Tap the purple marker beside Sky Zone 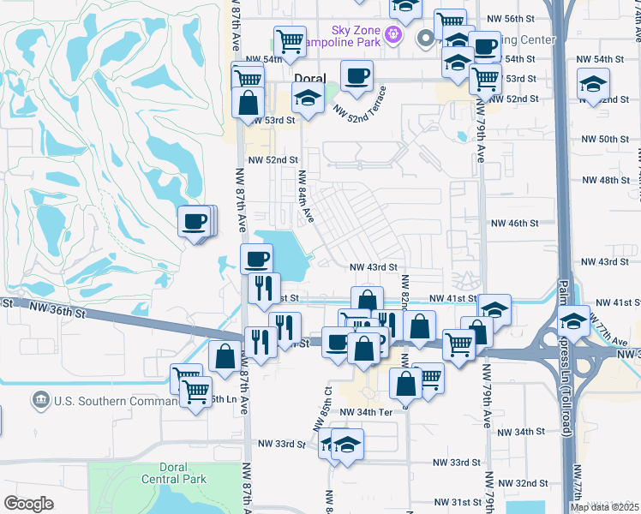pyautogui.click(x=393, y=35)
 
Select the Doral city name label pyautogui.click(x=309, y=77)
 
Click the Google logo pyautogui.click(x=28, y=504)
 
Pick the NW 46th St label pyautogui.click(x=514, y=223)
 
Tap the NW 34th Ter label pyautogui.click(x=365, y=412)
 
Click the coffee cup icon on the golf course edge pyautogui.click(x=194, y=223)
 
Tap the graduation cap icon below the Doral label pyautogui.click(x=307, y=98)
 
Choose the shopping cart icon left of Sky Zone pyautogui.click(x=290, y=40)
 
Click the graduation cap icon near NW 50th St pyautogui.click(x=592, y=85)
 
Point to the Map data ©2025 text pyautogui.click(x=604, y=507)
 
